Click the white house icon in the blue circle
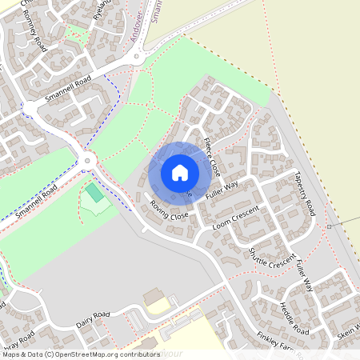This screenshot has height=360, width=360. [x=180, y=172]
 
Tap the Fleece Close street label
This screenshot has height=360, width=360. [x=211, y=157]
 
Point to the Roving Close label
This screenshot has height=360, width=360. [x=169, y=211]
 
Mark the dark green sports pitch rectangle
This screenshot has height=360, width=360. [x=95, y=193]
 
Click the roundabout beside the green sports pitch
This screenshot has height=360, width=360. [x=86, y=160]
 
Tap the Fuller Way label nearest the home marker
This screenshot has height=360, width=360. [x=222, y=190]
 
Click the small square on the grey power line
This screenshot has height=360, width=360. [x=329, y=226]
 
